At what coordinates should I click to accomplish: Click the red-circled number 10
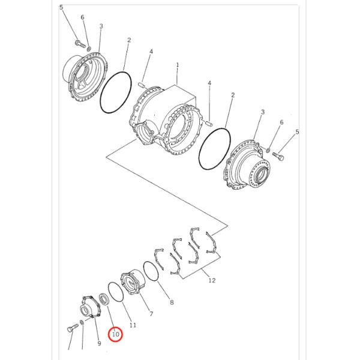115,334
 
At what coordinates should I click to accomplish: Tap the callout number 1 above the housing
178,64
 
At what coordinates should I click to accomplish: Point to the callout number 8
171,302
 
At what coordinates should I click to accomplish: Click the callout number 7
151,314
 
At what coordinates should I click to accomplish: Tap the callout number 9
100,343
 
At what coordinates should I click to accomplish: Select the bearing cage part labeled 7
133,284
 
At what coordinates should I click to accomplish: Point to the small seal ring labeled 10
104,298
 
